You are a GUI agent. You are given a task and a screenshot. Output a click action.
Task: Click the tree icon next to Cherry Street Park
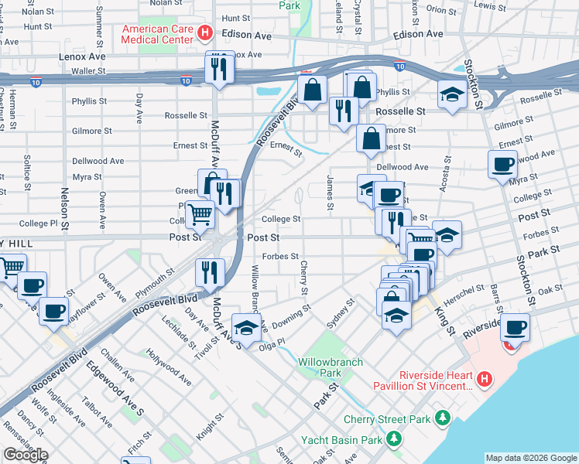(442, 418)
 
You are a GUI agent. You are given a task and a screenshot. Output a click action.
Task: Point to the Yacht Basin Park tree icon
(394, 440)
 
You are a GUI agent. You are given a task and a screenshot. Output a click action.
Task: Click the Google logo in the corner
(26, 455)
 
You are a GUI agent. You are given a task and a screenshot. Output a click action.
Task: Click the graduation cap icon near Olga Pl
(246, 328)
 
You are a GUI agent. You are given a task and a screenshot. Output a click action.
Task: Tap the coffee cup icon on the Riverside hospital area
(515, 326)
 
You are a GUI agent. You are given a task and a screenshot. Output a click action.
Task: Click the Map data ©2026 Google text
(531, 458)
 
